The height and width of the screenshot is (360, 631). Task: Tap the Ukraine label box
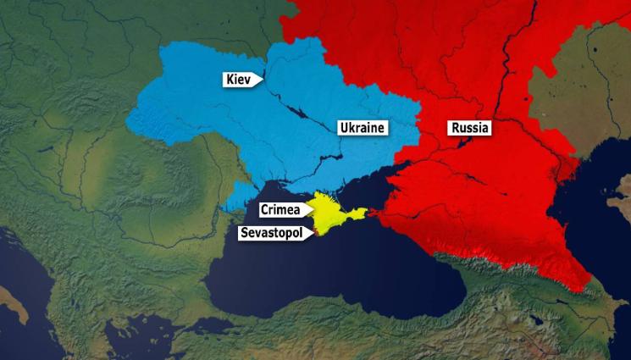[362, 128]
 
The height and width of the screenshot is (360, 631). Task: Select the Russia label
[469, 128]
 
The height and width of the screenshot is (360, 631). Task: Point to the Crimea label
[280, 208]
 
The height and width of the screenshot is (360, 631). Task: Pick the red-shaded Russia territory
[508, 195]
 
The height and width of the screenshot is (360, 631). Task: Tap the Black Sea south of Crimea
[339, 280]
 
